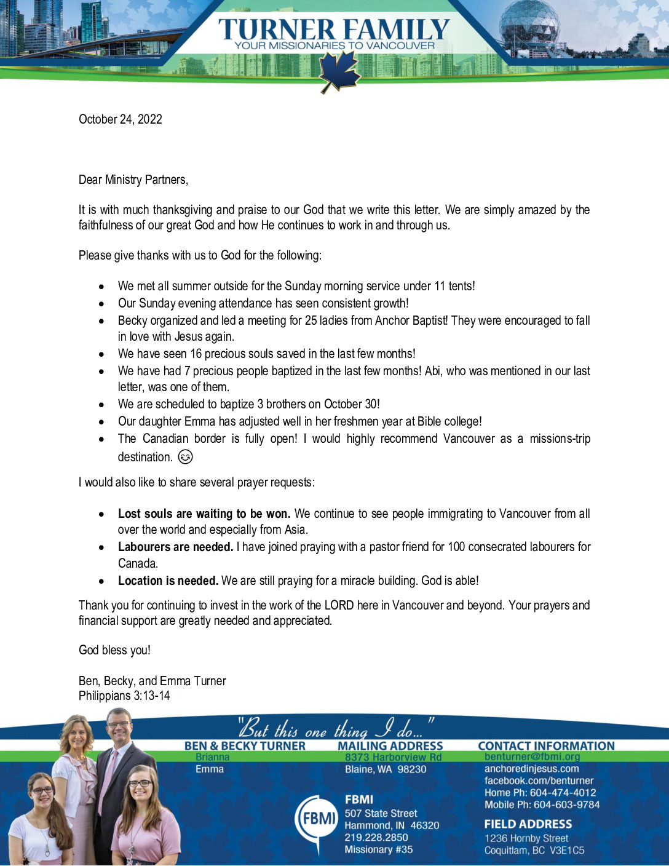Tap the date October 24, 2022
[x=121, y=119]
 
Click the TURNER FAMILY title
[x=334, y=30]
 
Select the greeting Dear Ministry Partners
[x=133, y=180]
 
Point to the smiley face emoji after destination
[x=185, y=457]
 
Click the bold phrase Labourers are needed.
[x=175, y=547]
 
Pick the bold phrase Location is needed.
[x=168, y=581]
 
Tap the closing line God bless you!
[x=114, y=650]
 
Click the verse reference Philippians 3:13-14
[x=124, y=696]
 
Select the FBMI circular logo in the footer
[x=317, y=819]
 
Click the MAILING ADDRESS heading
[x=390, y=745]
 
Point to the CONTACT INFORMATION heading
[x=546, y=745]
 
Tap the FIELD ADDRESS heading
[x=528, y=824]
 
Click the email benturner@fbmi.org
[x=532, y=757]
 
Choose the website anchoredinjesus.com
[x=531, y=769]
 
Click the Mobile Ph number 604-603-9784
[x=566, y=804]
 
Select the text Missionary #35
[x=378, y=849]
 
